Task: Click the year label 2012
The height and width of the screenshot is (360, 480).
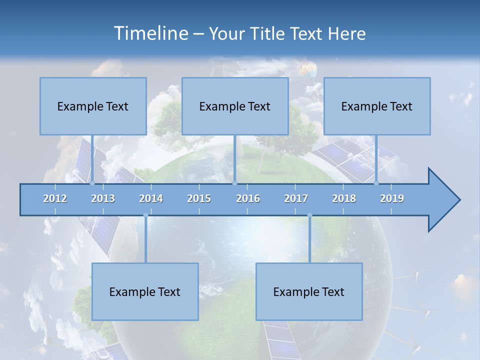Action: point(55,198)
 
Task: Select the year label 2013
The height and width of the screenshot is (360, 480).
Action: point(103,198)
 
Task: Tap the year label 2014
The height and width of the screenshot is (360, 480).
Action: point(151,198)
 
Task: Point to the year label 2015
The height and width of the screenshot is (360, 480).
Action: point(199,198)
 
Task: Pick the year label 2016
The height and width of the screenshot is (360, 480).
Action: point(248,198)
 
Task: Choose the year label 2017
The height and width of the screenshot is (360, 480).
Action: point(296,198)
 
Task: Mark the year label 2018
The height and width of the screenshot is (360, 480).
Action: point(344,198)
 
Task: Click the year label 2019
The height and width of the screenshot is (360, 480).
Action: point(392,198)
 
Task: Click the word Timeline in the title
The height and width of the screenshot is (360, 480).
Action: point(150,33)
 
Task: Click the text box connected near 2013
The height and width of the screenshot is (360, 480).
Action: point(93,106)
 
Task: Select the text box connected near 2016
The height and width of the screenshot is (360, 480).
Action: point(235,106)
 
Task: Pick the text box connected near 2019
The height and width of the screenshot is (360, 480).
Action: point(377,106)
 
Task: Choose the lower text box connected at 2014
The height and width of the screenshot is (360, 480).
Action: point(145,291)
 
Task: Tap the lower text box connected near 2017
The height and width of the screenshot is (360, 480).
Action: point(309,291)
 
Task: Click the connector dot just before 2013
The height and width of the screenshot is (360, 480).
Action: point(92,183)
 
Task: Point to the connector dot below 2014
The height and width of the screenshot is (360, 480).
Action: point(145,215)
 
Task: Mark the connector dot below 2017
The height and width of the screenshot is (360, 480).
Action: point(309,215)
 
